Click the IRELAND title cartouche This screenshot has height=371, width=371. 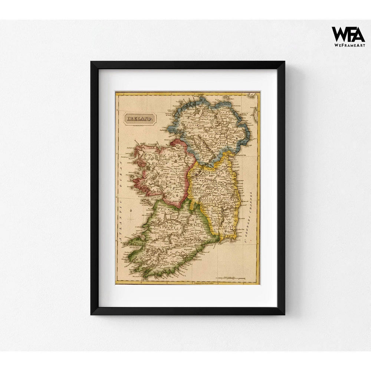coord(140,119)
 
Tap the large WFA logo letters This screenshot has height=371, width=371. coord(348,34)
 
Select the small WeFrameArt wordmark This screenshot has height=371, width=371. coord(348,45)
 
